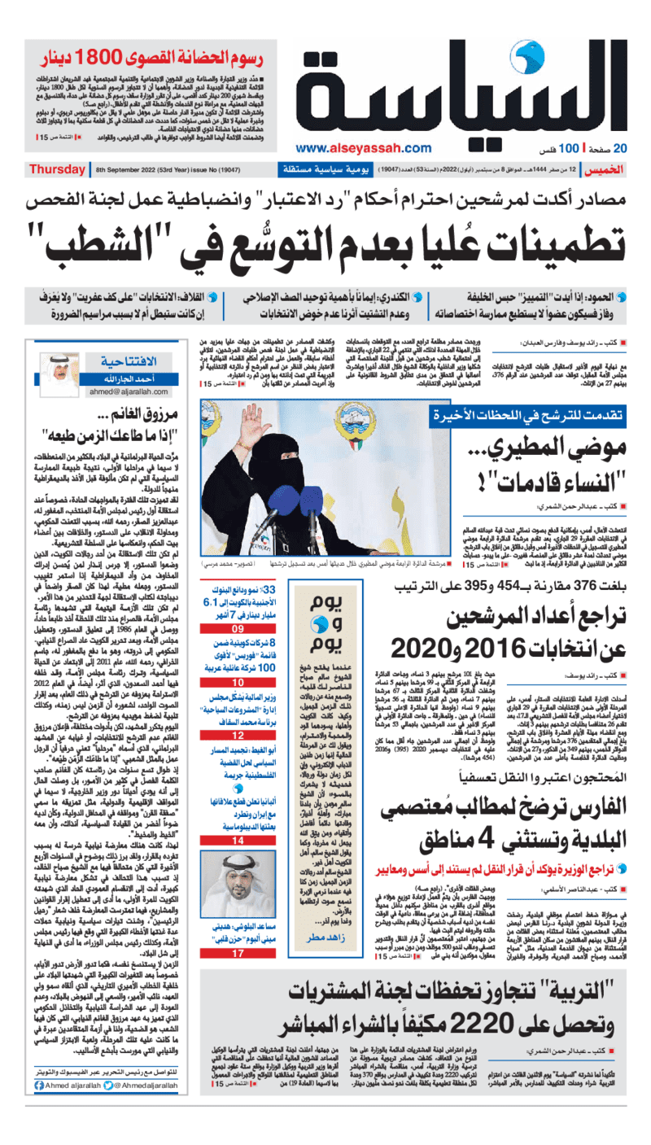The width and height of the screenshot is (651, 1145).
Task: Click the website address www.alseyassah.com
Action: click(x=352, y=148)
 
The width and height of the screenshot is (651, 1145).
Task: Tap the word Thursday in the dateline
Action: click(x=56, y=169)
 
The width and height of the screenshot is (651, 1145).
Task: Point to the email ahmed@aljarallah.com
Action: click(x=121, y=391)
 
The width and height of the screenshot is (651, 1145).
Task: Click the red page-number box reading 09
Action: click(x=237, y=630)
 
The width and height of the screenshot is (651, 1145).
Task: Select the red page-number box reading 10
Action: click(x=237, y=682)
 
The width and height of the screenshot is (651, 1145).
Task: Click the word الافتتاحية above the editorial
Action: click(x=123, y=361)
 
